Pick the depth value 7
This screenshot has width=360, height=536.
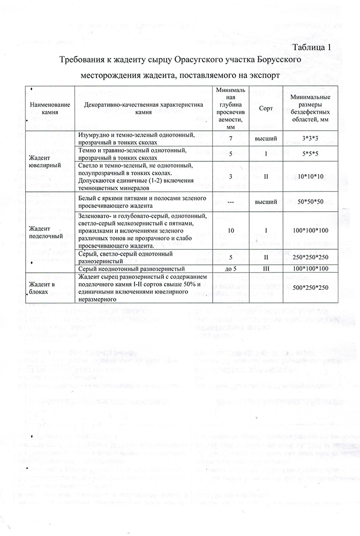coord(230,138)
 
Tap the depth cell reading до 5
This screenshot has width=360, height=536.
coord(230,267)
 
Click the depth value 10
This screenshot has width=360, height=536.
coord(230,230)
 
